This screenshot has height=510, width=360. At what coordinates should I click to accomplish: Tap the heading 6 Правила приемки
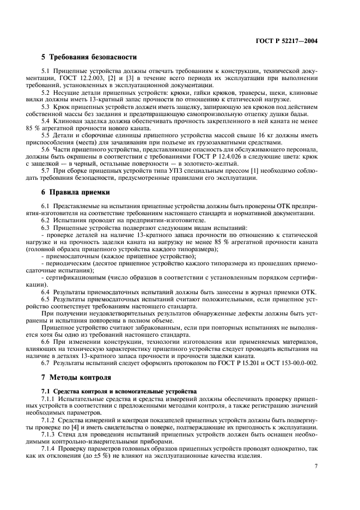point(76,192)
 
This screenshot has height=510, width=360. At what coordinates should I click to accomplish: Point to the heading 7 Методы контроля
point(76,377)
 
